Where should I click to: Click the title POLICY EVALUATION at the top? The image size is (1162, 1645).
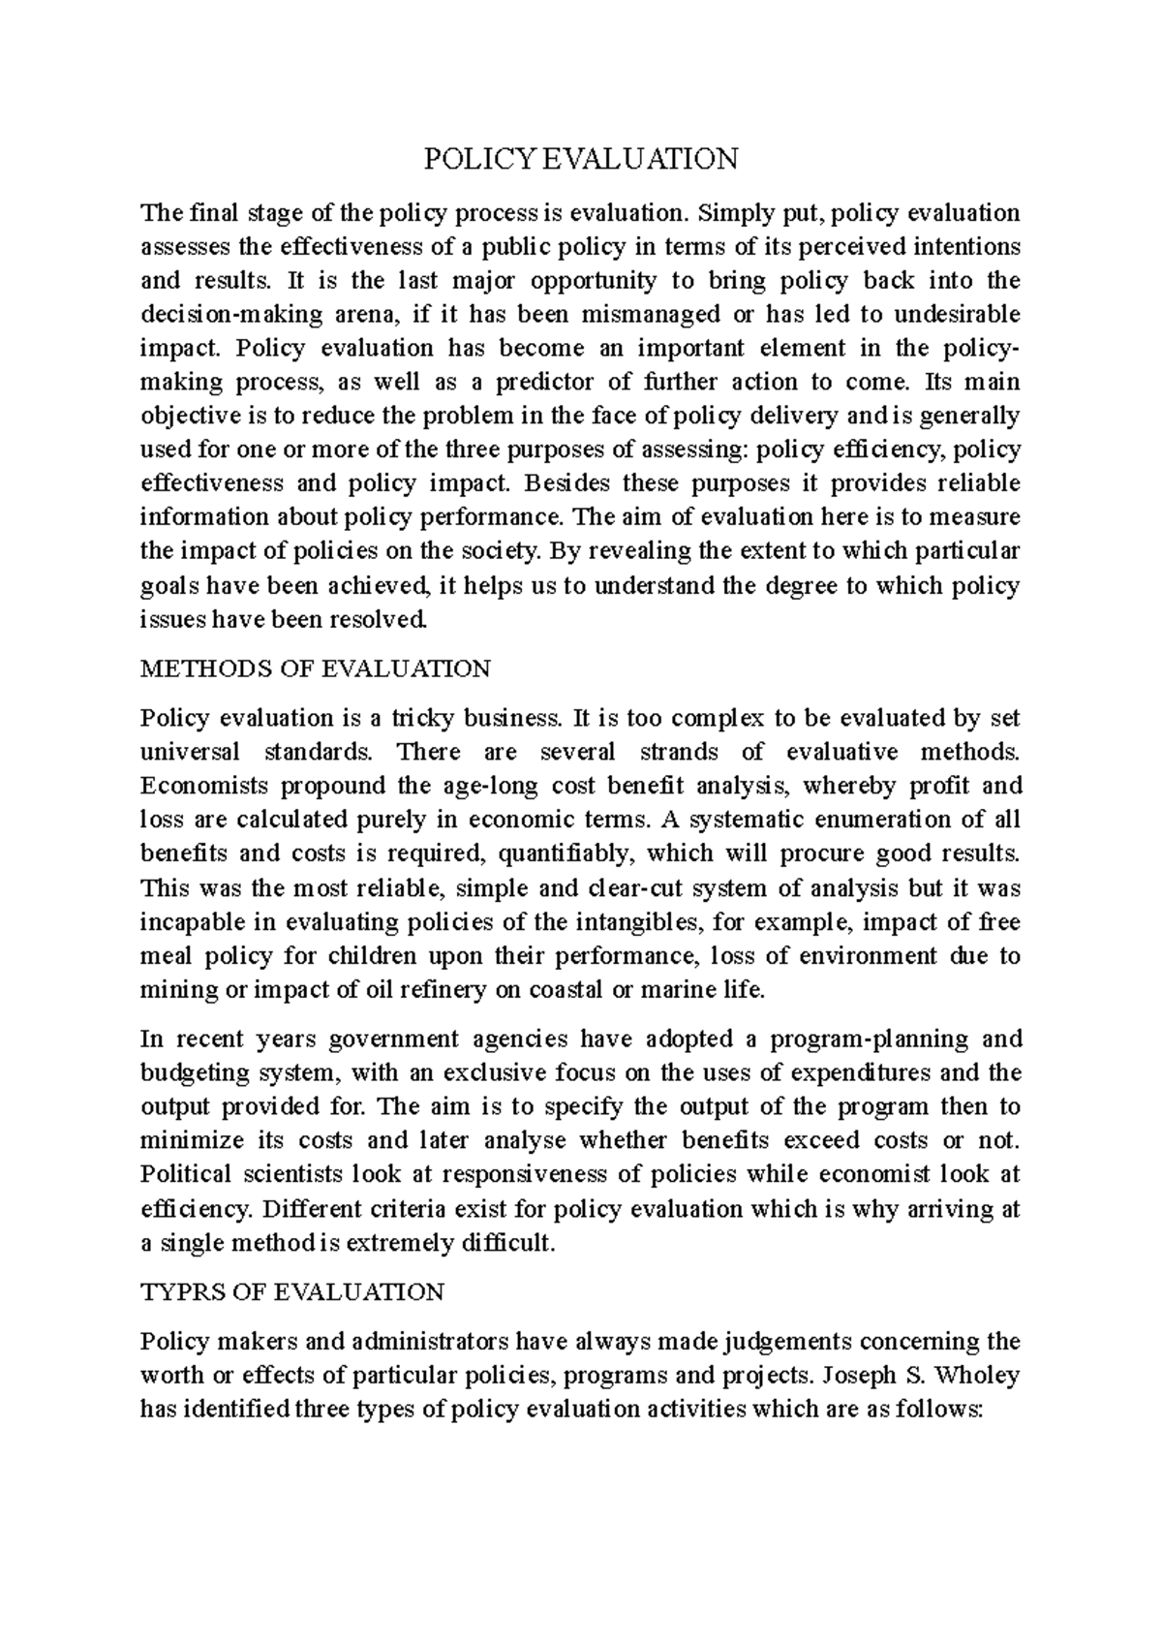click(581, 159)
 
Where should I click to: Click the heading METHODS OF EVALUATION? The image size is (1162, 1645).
click(316, 668)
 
